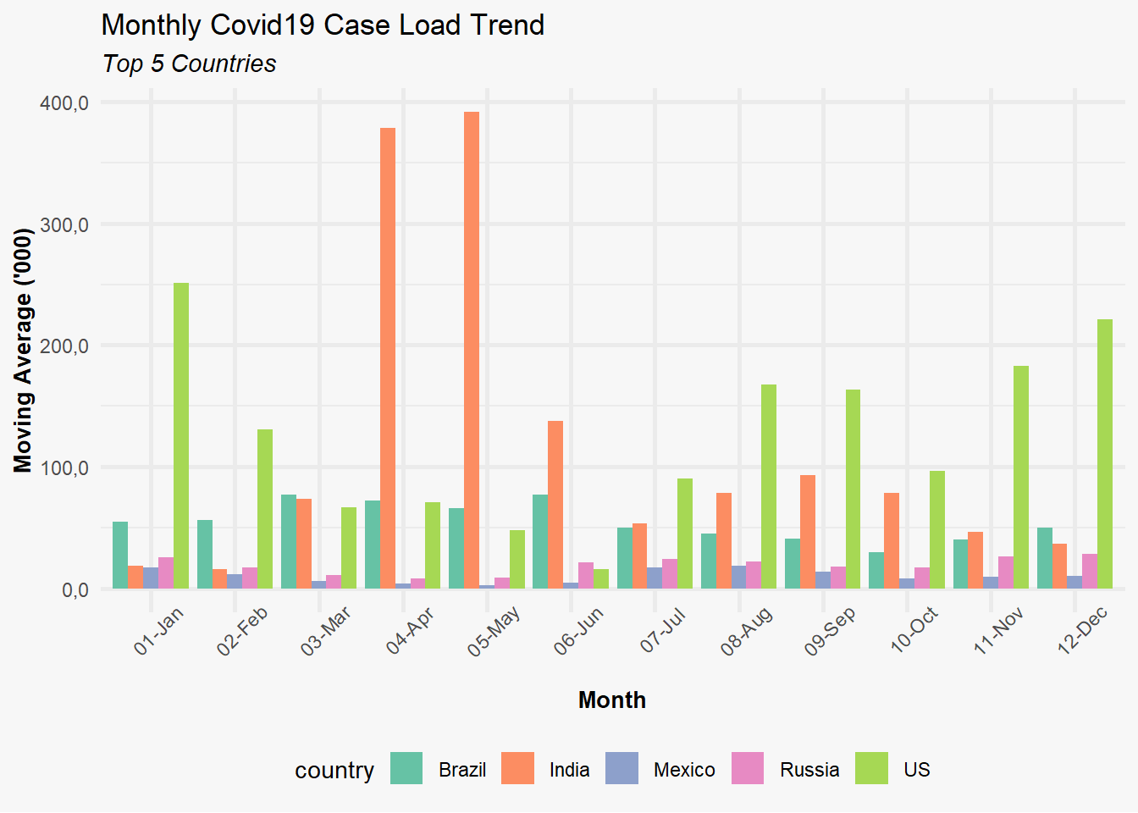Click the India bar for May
pyautogui.click(x=472, y=350)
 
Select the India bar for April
pyautogui.click(x=388, y=358)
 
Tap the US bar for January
pyautogui.click(x=181, y=436)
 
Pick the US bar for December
pyautogui.click(x=1105, y=454)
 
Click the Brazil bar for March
pyautogui.click(x=289, y=542)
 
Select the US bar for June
pyautogui.click(x=601, y=578)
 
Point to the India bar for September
pyautogui.click(x=808, y=532)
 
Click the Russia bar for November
pyautogui.click(x=1006, y=572)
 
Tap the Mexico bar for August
pyautogui.click(x=738, y=578)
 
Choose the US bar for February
pyautogui.click(x=265, y=509)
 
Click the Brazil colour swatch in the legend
pyautogui.click(x=406, y=768)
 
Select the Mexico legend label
pyautogui.click(x=684, y=770)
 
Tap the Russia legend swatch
pyautogui.click(x=748, y=768)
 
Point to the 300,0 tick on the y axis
pyautogui.click(x=64, y=224)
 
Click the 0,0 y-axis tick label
pyautogui.click(x=75, y=590)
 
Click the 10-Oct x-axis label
pyautogui.click(x=914, y=629)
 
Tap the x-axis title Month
pyautogui.click(x=612, y=700)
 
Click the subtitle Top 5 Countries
pyautogui.click(x=189, y=64)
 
